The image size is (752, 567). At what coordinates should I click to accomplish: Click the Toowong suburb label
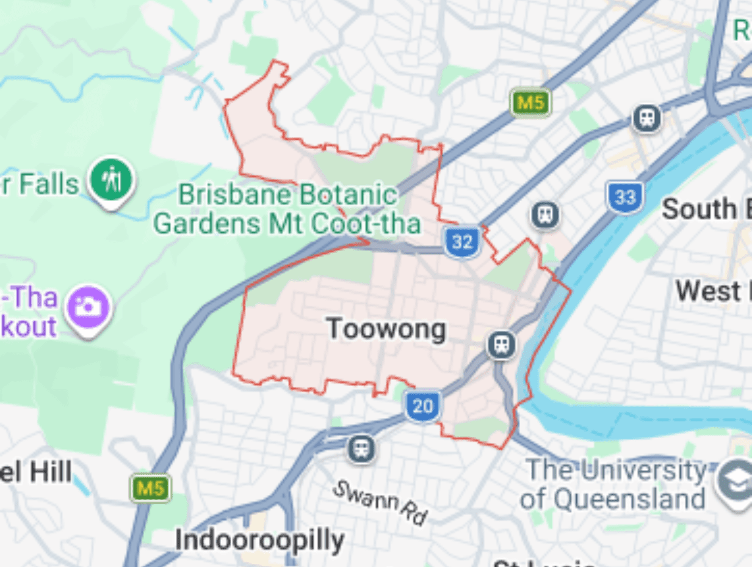[386, 329]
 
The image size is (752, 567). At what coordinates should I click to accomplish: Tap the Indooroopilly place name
[259, 541]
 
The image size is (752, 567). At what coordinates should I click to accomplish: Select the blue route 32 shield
[462, 242]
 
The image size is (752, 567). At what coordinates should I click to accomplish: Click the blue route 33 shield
[625, 197]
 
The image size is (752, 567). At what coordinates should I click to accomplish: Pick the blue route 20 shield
[422, 406]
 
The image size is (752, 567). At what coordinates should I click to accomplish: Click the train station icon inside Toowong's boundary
[502, 345]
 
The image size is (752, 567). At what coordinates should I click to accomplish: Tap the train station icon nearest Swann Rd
[362, 449]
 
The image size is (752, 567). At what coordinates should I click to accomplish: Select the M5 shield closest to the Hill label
[150, 488]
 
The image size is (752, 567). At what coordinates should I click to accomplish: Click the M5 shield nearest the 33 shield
[530, 102]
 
